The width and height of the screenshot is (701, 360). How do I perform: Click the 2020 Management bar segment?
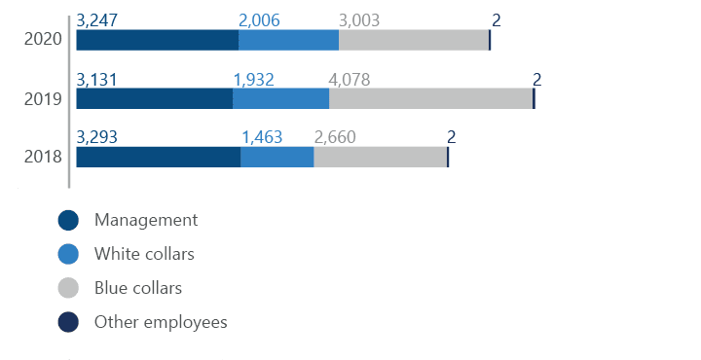pos(157,40)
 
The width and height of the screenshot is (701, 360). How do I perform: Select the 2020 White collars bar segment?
pos(288,40)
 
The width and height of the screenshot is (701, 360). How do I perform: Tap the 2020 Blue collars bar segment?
pos(413,40)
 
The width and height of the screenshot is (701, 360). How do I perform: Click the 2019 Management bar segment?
pos(154,98)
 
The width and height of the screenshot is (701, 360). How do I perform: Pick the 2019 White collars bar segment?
pos(280,98)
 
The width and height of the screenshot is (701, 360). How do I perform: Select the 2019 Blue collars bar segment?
pos(430,98)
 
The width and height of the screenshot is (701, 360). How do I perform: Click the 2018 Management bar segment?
pos(158,157)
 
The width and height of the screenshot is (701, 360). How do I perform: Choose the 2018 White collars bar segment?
pos(277,157)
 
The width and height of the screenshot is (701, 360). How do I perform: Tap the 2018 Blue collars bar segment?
pos(380,157)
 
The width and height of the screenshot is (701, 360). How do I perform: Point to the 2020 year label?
pos(43,40)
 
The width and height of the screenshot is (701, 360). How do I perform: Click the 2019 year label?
pos(43,98)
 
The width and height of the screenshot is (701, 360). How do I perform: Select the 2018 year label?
pos(43,157)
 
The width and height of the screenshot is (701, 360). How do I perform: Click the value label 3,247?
pos(95,20)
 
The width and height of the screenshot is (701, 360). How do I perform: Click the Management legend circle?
pos(68,221)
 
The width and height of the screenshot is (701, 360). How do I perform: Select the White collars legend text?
pos(144,254)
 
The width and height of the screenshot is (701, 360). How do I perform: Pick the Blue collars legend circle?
pos(68,288)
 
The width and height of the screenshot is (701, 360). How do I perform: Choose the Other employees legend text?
pos(159,322)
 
